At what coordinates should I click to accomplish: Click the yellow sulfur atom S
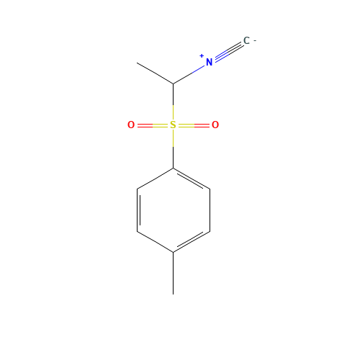pyautogui.click(x=173, y=125)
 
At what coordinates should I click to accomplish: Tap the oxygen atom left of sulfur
pyautogui.click(x=131, y=125)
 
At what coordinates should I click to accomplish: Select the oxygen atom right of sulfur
pyautogui.click(x=215, y=125)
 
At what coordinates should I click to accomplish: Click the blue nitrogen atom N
pyautogui.click(x=209, y=63)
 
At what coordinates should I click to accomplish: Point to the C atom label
pyautogui.click(x=246, y=41)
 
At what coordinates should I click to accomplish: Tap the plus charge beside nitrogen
pyautogui.click(x=202, y=55)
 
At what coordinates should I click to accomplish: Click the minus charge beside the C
pyautogui.click(x=254, y=40)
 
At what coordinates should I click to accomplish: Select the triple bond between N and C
pyautogui.click(x=228, y=52)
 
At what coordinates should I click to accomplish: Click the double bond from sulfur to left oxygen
pyautogui.click(x=152, y=125)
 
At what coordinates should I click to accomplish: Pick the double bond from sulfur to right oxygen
pyautogui.click(x=194, y=125)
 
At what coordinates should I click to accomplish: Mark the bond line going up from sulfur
pyautogui.click(x=173, y=112)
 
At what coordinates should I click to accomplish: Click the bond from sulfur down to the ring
pyautogui.click(x=173, y=139)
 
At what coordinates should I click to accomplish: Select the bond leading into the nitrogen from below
pyautogui.click(x=189, y=74)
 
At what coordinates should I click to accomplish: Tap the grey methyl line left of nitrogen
pyautogui.click(x=156, y=73)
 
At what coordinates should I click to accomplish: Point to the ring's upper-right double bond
pyautogui.click(x=192, y=179)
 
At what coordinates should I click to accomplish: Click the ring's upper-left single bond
pyautogui.click(x=155, y=179)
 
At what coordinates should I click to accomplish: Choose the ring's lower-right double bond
pyautogui.click(x=192, y=241)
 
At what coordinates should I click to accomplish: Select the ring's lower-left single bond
pyautogui.click(x=155, y=241)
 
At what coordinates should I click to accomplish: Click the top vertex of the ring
pyautogui.click(x=173, y=168)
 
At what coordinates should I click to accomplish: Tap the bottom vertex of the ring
pyautogui.click(x=173, y=252)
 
